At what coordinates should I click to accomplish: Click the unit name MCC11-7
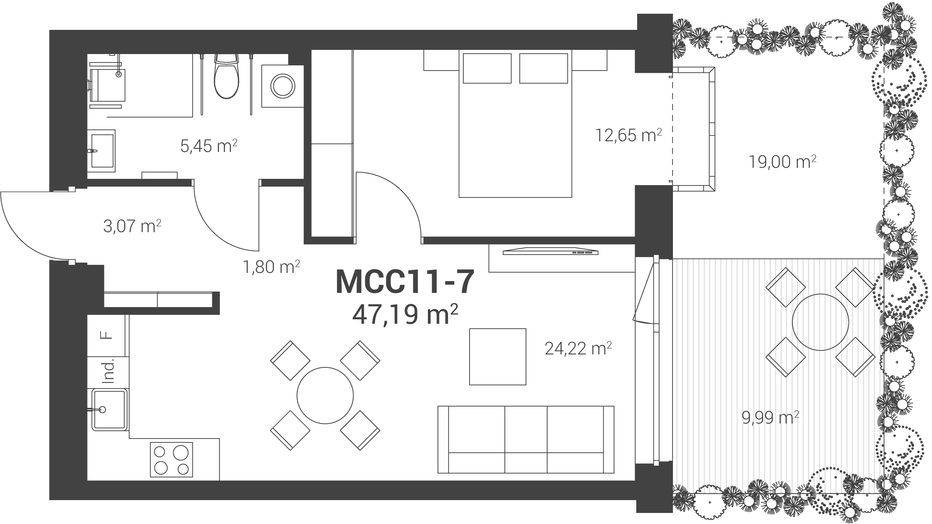tap(405, 282)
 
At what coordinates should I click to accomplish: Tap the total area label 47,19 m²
tap(405, 314)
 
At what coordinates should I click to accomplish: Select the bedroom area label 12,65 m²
tap(629, 135)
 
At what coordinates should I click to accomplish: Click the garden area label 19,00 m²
tap(782, 162)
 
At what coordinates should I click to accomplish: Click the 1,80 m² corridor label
tap(271, 267)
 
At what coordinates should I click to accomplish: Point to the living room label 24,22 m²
tap(578, 348)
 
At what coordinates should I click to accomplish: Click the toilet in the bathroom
tap(227, 77)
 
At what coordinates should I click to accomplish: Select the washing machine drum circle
tap(283, 86)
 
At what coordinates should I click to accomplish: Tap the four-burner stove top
tap(172, 460)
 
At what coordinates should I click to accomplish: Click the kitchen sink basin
tap(109, 410)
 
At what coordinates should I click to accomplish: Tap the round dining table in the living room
tap(325, 396)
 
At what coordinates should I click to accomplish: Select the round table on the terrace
tap(820, 322)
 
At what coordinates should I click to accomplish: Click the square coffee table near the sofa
tap(498, 357)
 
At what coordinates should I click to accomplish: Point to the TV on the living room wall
tap(550, 251)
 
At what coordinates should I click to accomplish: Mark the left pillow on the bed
tap(487, 68)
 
